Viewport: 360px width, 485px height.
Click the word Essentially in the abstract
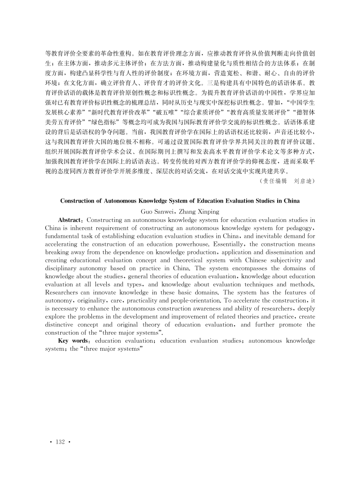(x=256, y=245)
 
